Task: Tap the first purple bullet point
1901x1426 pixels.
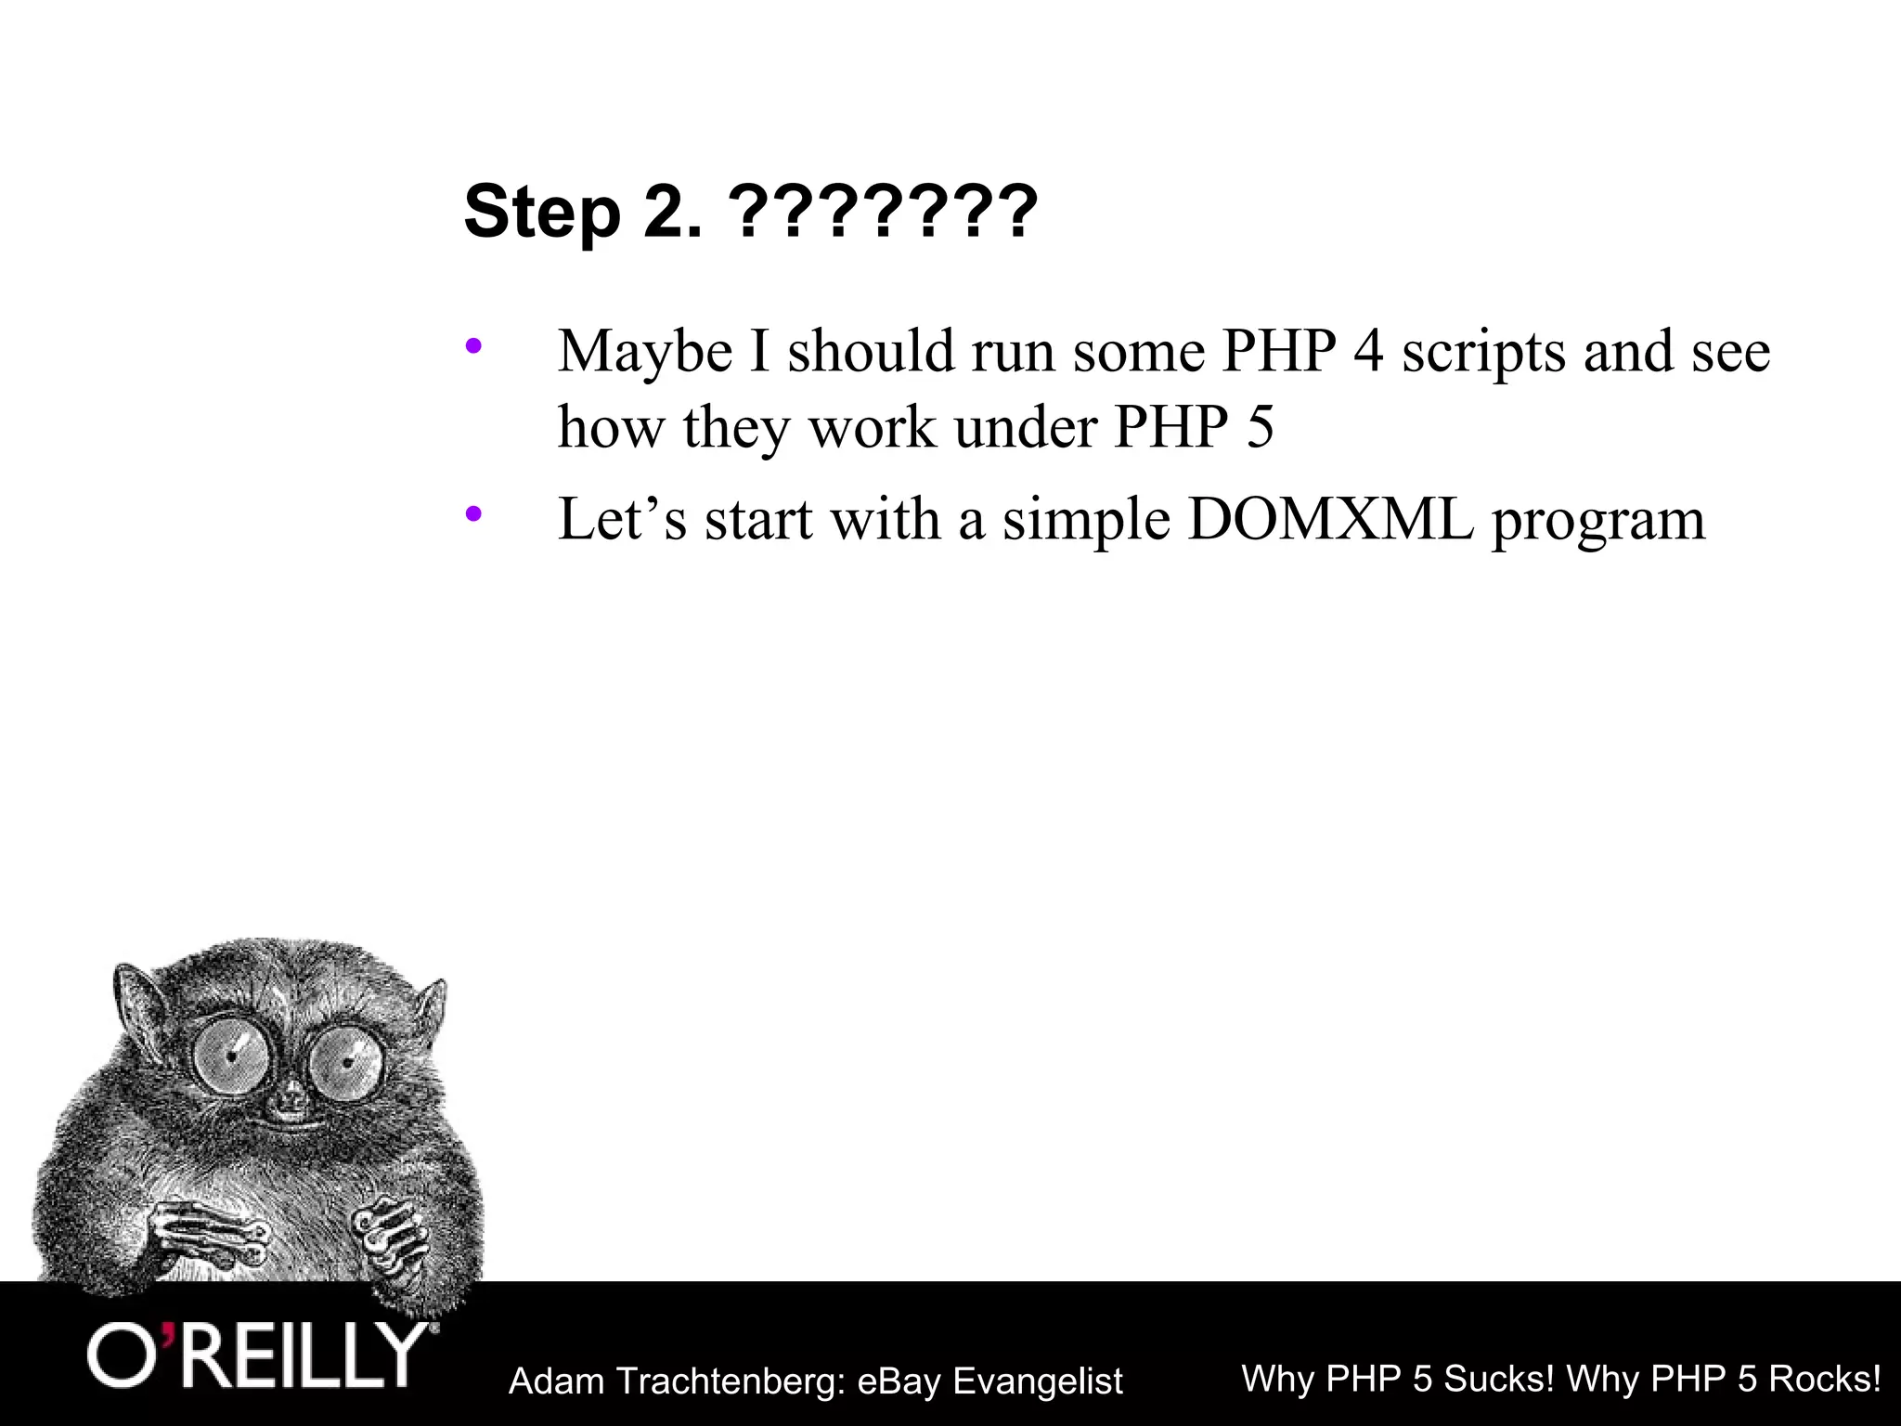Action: click(x=473, y=347)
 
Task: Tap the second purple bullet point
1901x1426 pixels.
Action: click(x=473, y=513)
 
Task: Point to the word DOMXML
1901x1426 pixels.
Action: click(x=1329, y=519)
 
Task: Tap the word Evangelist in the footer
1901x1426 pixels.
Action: click(x=1038, y=1381)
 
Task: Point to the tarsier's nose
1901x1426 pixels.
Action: click(x=291, y=1104)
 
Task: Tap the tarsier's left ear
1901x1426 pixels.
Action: click(x=136, y=998)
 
